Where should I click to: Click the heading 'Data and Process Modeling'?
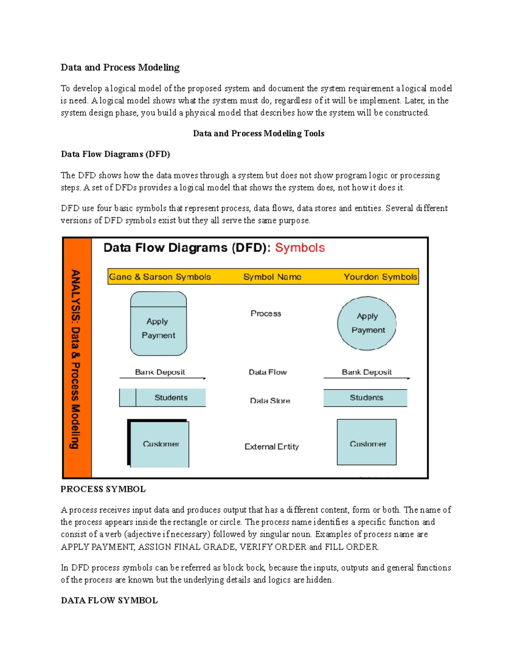click(x=120, y=68)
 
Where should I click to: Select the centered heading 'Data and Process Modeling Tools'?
click(x=258, y=134)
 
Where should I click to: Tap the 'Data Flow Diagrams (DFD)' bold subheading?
click(x=115, y=154)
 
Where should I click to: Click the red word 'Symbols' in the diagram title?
click(x=300, y=248)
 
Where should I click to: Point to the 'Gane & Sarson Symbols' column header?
click(x=160, y=277)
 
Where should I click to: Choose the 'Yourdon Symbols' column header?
click(x=380, y=277)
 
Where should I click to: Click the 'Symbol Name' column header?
click(x=272, y=277)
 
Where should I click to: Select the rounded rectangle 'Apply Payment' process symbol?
click(x=159, y=324)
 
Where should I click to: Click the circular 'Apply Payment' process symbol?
click(x=367, y=323)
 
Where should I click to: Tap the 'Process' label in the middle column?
click(x=266, y=314)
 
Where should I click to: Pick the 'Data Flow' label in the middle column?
click(x=268, y=372)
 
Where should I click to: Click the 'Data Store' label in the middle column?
click(x=270, y=401)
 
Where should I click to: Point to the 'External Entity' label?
click(x=271, y=447)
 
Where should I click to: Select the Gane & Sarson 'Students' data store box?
click(x=162, y=398)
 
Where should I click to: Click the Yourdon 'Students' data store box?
click(x=365, y=398)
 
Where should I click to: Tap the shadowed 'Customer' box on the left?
click(x=159, y=444)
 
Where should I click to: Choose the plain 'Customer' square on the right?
click(x=367, y=442)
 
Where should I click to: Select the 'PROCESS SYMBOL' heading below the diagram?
click(x=103, y=489)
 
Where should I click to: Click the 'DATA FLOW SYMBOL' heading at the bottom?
click(x=109, y=601)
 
